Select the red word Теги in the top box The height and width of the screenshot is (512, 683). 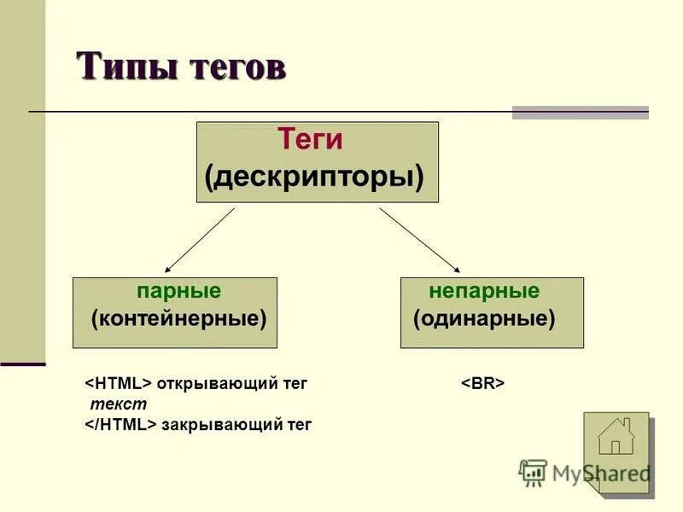(x=310, y=140)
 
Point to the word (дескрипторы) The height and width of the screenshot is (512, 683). (x=314, y=177)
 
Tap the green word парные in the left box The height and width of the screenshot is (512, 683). (x=178, y=291)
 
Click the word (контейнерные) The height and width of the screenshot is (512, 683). (x=178, y=319)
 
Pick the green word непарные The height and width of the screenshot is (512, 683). (x=484, y=291)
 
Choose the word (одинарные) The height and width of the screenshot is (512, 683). (x=484, y=319)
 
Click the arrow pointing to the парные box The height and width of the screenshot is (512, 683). (x=199, y=241)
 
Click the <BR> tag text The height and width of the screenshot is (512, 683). (x=483, y=384)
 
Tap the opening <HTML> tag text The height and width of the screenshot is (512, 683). (x=118, y=384)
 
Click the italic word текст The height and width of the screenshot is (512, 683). (x=119, y=404)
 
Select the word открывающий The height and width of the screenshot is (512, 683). (x=207, y=384)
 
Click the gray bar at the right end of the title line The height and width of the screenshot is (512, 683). (x=580, y=112)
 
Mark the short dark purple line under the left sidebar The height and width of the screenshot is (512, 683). (x=22, y=364)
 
